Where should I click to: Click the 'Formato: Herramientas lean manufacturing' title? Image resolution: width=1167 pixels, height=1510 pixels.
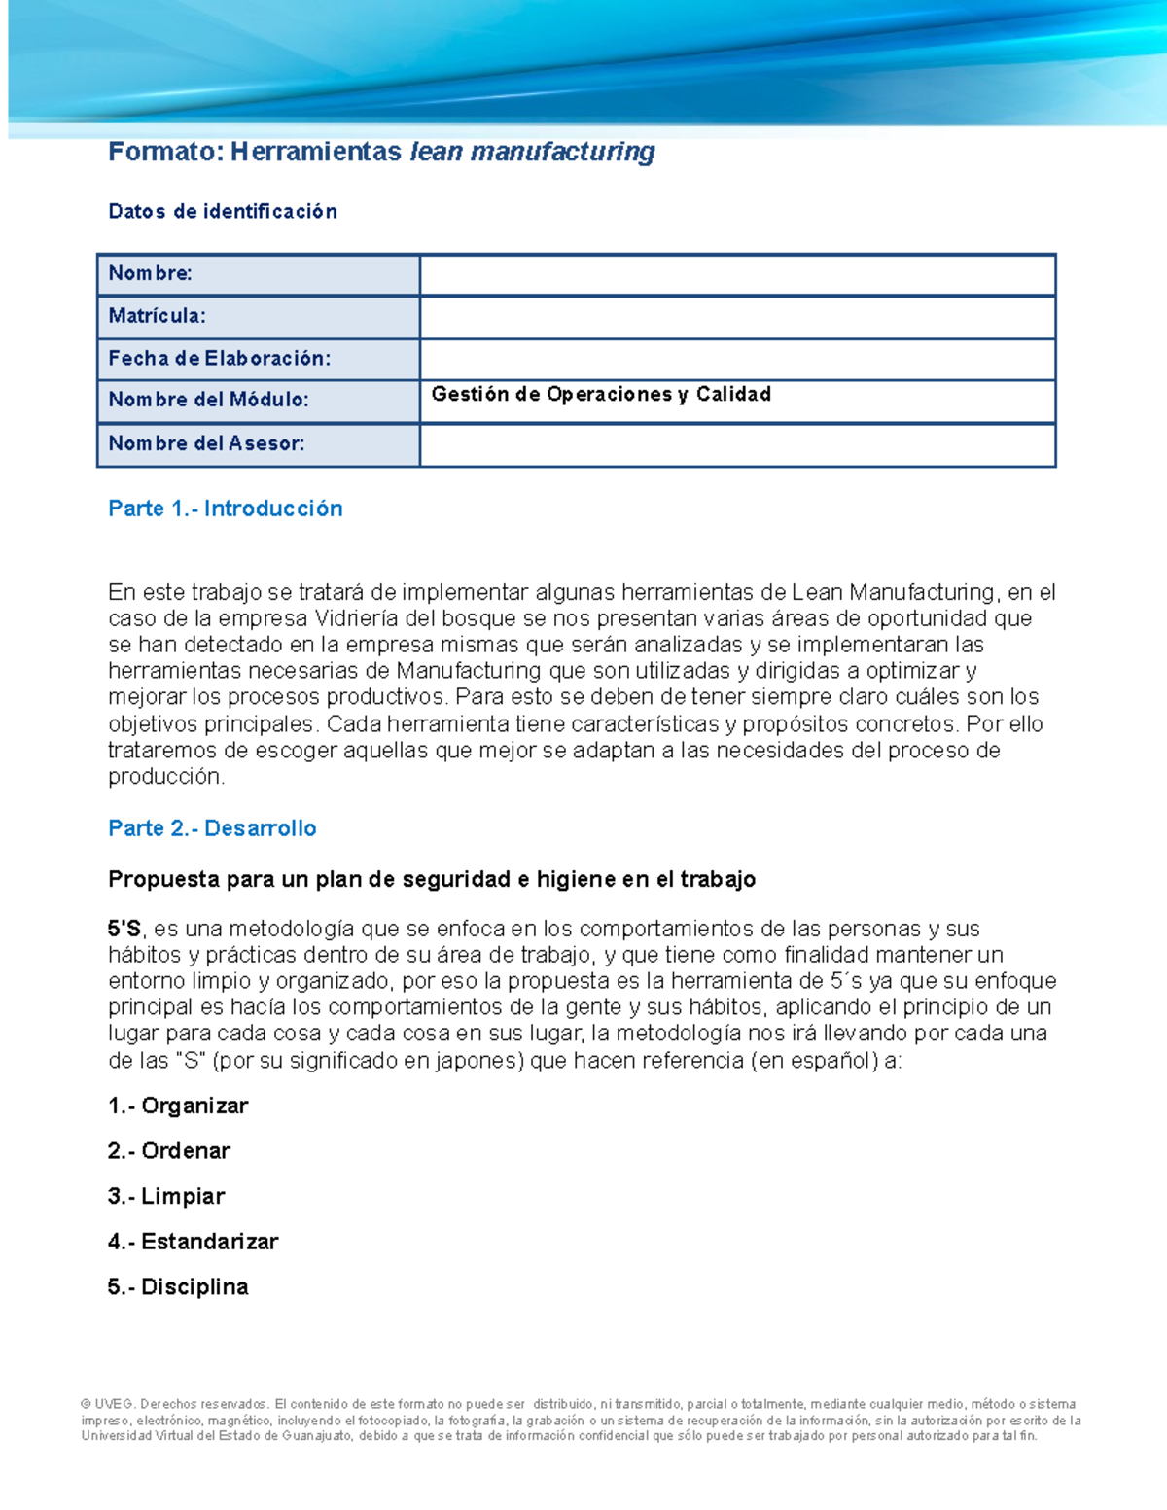tap(381, 152)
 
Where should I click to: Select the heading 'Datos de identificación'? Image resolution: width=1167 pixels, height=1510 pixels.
tap(223, 212)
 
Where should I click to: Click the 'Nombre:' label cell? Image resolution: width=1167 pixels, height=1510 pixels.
tap(151, 273)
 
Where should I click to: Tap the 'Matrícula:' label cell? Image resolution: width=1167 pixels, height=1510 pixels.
tap(158, 316)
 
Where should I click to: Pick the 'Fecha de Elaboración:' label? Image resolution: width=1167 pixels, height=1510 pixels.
tap(220, 358)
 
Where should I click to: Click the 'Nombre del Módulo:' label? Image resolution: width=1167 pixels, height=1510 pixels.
tap(209, 400)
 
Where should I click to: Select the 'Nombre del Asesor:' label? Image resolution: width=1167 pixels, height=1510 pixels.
tap(207, 443)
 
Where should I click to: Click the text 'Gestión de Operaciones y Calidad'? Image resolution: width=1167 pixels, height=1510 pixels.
tap(601, 394)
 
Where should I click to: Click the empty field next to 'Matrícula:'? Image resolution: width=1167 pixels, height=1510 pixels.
tap(737, 317)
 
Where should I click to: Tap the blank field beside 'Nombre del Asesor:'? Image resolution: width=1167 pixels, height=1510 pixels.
tap(737, 444)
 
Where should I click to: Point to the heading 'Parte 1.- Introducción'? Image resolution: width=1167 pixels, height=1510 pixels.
tap(226, 509)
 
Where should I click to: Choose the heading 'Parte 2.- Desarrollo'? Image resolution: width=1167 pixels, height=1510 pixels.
tap(212, 828)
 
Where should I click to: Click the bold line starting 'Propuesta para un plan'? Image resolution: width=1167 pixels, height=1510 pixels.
tap(432, 879)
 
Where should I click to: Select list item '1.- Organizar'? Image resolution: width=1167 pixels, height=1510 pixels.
tap(178, 1106)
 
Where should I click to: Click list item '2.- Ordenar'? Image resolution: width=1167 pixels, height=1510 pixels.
tap(169, 1151)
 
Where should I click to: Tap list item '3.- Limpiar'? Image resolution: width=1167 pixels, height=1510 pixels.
tap(166, 1196)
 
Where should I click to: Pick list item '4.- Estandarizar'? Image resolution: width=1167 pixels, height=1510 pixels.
tap(193, 1242)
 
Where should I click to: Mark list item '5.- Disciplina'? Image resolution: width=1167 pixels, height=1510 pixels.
tap(178, 1287)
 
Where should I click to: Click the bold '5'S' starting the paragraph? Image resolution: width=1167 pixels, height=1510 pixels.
tap(124, 929)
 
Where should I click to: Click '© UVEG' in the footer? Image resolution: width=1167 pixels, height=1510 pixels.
tap(108, 1404)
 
